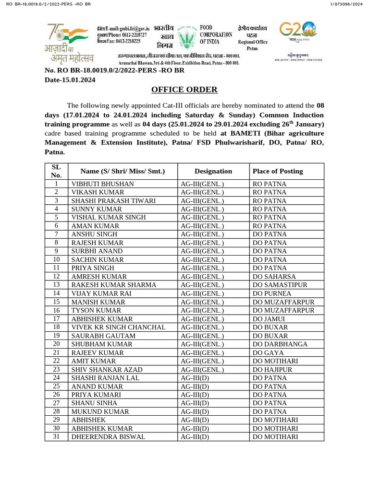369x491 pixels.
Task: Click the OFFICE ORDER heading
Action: (184, 90)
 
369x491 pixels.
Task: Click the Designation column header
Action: (213, 171)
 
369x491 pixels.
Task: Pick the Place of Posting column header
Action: (278, 171)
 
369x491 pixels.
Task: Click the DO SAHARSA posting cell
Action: (274, 277)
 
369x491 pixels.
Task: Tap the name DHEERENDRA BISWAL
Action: (108, 437)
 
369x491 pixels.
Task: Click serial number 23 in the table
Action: (56, 369)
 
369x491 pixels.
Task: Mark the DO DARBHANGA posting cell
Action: (278, 344)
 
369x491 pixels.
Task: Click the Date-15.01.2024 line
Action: (70, 80)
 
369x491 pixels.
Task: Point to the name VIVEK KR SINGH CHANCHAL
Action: (118, 327)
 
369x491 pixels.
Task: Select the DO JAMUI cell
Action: (269, 318)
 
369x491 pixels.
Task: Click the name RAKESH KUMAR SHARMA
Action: (113, 285)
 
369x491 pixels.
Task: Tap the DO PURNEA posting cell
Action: (271, 293)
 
